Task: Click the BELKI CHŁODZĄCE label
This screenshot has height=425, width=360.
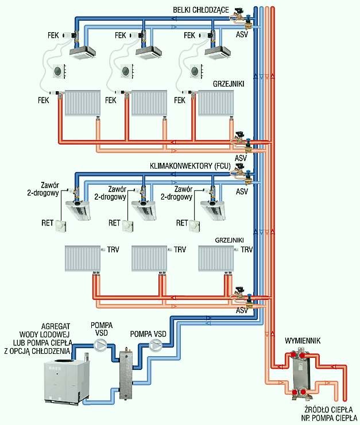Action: pos(201,10)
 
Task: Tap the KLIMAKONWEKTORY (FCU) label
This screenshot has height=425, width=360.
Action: pos(190,166)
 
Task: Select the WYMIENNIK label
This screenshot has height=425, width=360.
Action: pos(303,341)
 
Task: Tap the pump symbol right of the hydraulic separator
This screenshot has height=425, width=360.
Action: pos(156,345)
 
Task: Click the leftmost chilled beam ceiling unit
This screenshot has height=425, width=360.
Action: pos(83,52)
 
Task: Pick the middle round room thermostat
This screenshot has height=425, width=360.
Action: pos(127,71)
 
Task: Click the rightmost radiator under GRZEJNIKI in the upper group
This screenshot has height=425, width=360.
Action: pos(216,103)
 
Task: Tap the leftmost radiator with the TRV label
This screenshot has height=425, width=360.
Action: pos(83,258)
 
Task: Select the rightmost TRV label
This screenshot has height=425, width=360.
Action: pos(246,249)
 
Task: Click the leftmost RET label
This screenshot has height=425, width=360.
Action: pos(47,223)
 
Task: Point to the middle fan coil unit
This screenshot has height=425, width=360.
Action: pos(144,209)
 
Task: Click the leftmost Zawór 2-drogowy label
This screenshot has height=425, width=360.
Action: pos(43,189)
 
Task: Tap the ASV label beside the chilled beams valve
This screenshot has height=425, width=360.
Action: pos(242,34)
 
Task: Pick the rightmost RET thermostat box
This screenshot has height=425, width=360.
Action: pos(195,226)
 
